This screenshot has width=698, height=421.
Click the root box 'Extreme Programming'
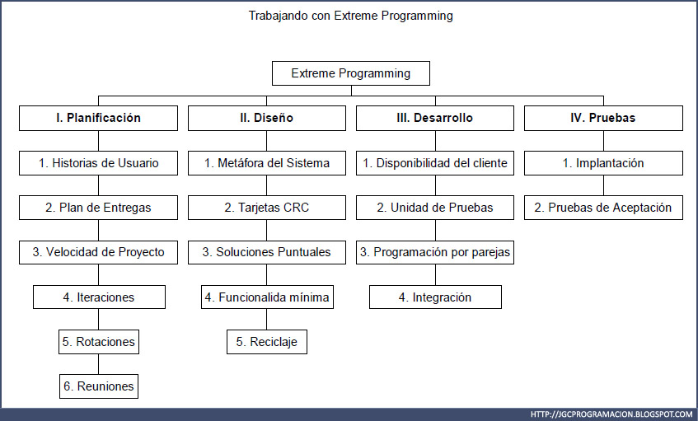[350, 73]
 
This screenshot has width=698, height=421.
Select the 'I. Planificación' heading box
[98, 118]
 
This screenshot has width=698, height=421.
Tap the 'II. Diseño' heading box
[266, 118]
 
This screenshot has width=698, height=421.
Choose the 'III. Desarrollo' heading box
[434, 118]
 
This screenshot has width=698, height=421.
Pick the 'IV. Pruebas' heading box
[603, 118]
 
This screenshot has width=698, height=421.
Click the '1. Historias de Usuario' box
[98, 163]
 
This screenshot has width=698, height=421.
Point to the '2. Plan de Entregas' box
[98, 208]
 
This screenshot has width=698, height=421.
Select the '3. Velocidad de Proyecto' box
[98, 252]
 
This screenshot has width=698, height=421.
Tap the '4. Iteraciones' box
[99, 297]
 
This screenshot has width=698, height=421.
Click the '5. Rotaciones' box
[98, 341]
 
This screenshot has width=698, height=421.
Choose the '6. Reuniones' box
[98, 386]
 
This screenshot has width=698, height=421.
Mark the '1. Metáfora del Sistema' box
[266, 163]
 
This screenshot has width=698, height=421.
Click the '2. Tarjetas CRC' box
[266, 208]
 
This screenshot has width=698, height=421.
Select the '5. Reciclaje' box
[266, 341]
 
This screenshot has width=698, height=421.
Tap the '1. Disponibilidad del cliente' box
[434, 163]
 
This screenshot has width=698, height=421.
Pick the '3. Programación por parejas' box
[434, 252]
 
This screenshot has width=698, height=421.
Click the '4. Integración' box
[435, 297]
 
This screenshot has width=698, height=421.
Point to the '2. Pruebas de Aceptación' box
[603, 208]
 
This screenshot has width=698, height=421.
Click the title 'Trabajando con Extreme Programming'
[350, 16]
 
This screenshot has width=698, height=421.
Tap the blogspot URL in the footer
[611, 414]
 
